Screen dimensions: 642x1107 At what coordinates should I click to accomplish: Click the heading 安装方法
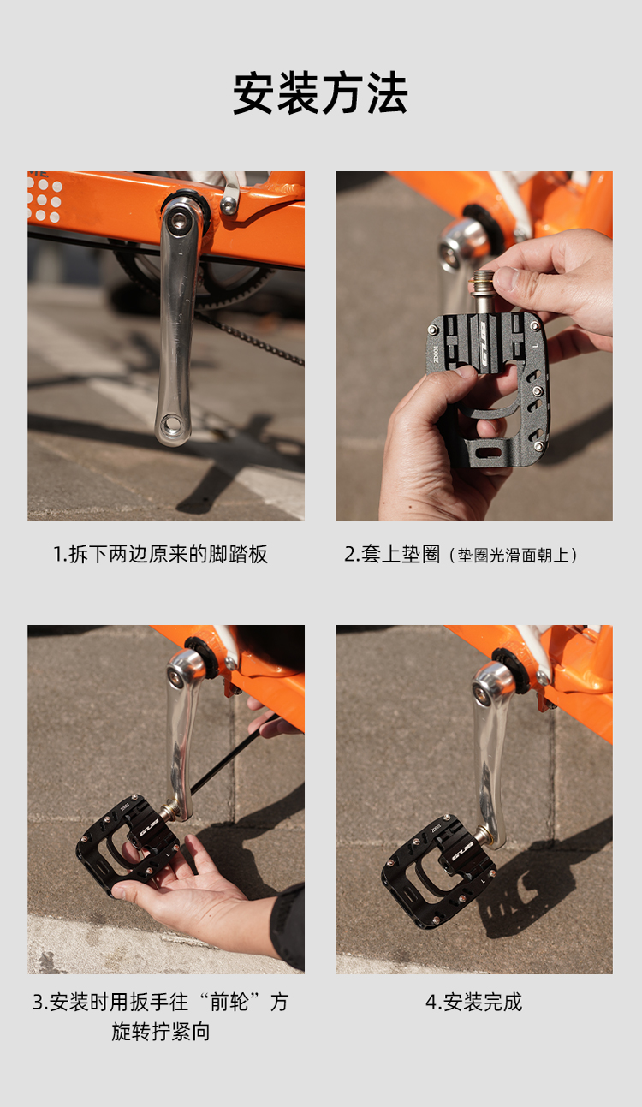320,93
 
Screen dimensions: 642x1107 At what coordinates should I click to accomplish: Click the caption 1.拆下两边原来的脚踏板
160,554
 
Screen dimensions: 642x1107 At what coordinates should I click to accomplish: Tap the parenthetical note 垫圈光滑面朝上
514,556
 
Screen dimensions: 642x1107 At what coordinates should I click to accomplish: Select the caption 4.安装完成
473,1003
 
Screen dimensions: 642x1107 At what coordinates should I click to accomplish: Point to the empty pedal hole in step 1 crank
171,424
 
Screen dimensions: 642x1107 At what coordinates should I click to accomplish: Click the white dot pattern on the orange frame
44,199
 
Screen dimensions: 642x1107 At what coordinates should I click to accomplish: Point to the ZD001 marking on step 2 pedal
436,354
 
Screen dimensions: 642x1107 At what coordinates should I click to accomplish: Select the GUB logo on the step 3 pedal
149,828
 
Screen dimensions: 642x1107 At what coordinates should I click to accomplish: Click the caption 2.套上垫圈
392,554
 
